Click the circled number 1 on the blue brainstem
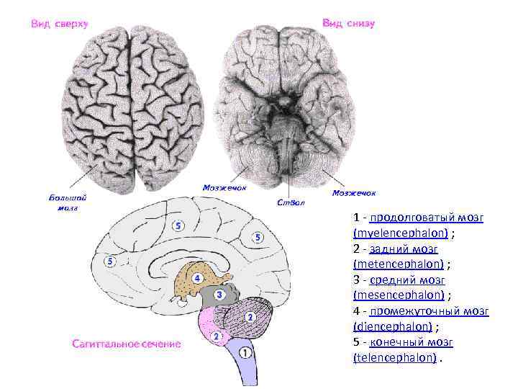click(x=245, y=353)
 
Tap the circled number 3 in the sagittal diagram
click(x=217, y=295)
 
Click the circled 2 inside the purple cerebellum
click(x=250, y=317)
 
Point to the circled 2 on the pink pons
click(x=217, y=336)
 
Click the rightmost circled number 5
click(x=257, y=237)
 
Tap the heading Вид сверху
click(x=59, y=24)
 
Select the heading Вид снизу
click(x=348, y=23)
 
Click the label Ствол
click(x=291, y=202)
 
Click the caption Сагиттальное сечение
click(x=126, y=344)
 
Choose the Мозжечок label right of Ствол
click(x=354, y=193)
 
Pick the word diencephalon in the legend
click(x=394, y=326)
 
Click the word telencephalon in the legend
click(x=395, y=357)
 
